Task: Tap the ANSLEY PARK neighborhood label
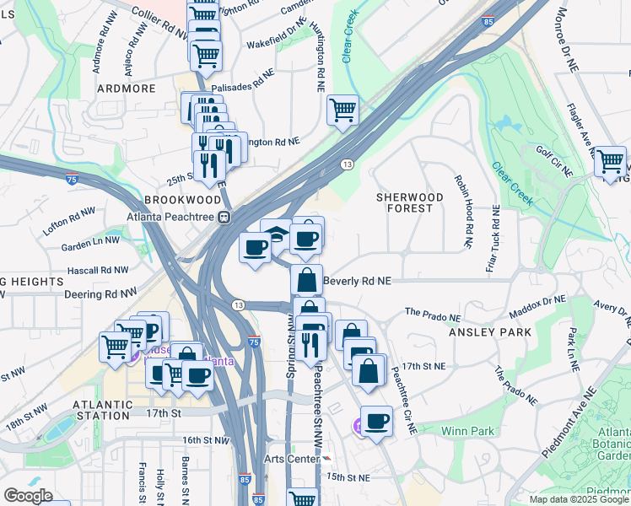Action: (x=489, y=332)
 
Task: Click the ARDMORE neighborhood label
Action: (x=127, y=87)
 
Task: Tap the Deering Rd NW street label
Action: (x=105, y=293)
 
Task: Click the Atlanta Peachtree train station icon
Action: (x=224, y=217)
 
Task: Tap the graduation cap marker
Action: (x=276, y=233)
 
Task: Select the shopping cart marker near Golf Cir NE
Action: (x=609, y=160)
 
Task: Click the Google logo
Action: (x=28, y=496)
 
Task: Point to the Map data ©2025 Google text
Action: (x=578, y=499)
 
